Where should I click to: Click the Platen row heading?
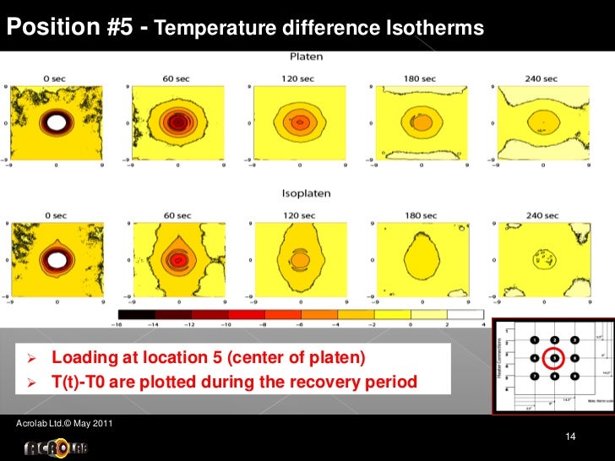pos(306,57)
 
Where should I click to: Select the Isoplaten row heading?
pos(306,193)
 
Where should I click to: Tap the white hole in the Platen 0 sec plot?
pos(56,122)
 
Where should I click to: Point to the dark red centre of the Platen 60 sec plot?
pos(177,122)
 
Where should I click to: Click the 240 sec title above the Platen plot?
pos(541,79)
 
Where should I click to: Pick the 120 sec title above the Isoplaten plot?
pos(298,215)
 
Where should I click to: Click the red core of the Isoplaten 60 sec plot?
pos(177,260)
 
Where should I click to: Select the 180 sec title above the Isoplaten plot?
pos(419,215)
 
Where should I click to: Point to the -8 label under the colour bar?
pos(264,325)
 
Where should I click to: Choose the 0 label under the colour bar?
pos(410,325)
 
